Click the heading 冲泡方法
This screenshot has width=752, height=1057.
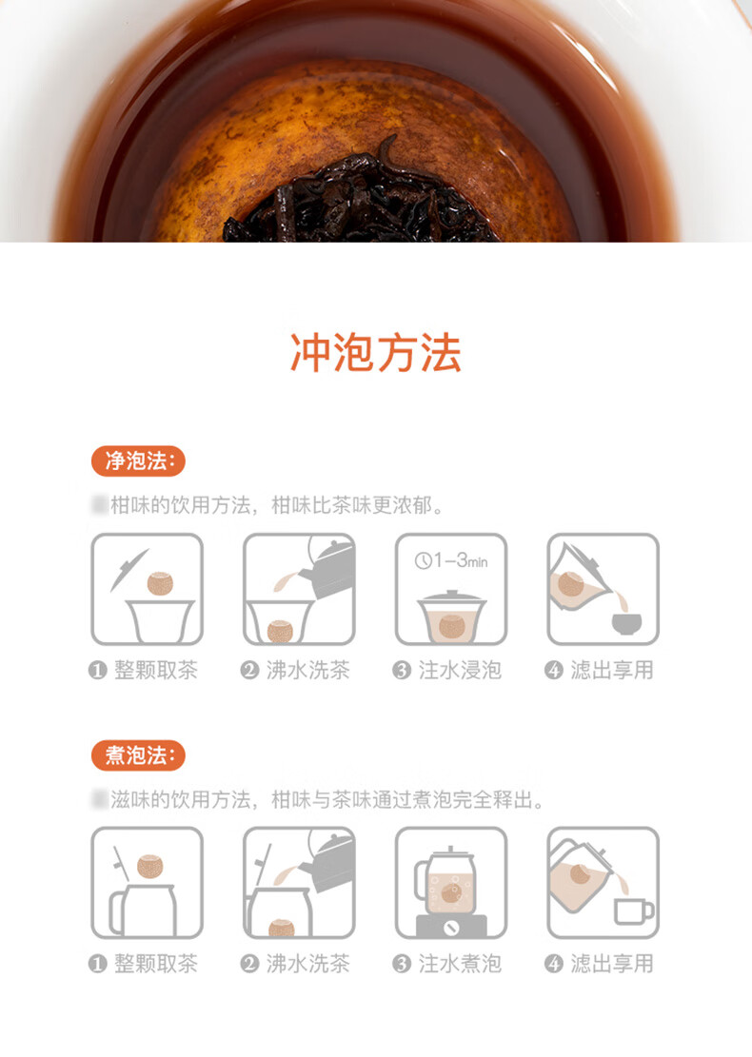pyautogui.click(x=375, y=352)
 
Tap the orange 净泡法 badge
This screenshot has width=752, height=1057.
pyautogui.click(x=138, y=461)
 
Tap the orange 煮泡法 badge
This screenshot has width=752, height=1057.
pyautogui.click(x=138, y=755)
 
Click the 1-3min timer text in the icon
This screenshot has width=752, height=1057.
pyautogui.click(x=451, y=560)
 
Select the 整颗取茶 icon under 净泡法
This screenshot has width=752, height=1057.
pyautogui.click(x=147, y=589)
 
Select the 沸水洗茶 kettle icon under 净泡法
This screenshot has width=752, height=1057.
pyautogui.click(x=299, y=589)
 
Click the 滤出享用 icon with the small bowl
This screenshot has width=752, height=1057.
pyautogui.click(x=604, y=589)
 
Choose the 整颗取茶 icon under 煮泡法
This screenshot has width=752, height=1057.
pyautogui.click(x=147, y=883)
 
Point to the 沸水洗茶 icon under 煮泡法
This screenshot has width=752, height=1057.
pyautogui.click(x=299, y=883)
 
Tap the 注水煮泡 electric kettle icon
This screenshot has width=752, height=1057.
pyautogui.click(x=451, y=883)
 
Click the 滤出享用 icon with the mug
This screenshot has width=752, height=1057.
pyautogui.click(x=604, y=883)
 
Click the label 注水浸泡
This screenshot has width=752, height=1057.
pyautogui.click(x=460, y=670)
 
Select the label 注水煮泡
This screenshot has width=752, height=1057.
pyautogui.click(x=460, y=964)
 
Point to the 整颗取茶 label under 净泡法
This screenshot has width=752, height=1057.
pyautogui.click(x=155, y=670)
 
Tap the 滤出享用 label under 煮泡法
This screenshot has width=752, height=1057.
pyautogui.click(x=612, y=964)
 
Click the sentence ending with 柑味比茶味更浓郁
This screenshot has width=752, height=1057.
pyautogui.click(x=267, y=505)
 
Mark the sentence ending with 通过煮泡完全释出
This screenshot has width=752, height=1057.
pyautogui.click(x=319, y=799)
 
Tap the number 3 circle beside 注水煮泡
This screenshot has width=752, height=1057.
pyautogui.click(x=402, y=965)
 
